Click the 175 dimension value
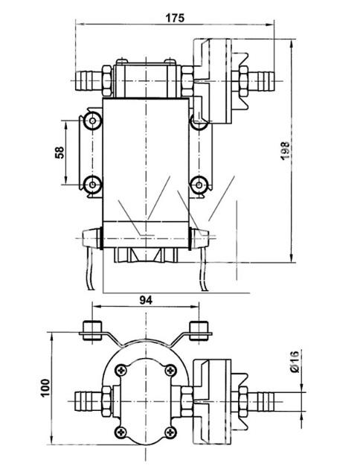[175, 18]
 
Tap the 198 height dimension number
[285, 150]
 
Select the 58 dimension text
[60, 153]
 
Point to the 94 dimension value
[146, 301]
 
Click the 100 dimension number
[45, 388]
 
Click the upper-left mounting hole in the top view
[92, 121]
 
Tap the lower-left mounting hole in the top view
[92, 185]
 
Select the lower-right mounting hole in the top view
[199, 185]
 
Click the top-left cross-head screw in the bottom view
[121, 370]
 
